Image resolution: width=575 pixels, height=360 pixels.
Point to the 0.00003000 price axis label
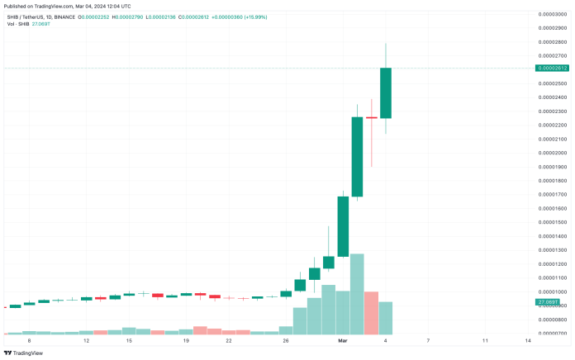click(552, 14)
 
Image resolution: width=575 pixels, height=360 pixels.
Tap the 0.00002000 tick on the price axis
click(552, 153)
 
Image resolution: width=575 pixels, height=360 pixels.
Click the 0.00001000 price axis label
click(552, 291)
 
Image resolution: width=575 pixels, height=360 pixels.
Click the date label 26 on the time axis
click(286, 340)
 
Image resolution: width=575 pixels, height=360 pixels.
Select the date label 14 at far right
click(527, 340)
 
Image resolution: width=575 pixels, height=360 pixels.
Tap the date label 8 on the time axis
click(29, 340)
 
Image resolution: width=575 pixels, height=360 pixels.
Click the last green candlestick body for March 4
click(386, 92)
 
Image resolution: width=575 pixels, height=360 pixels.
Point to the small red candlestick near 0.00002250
click(371, 118)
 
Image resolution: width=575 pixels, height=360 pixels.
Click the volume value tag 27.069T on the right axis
click(547, 302)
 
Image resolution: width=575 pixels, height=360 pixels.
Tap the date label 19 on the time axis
click(186, 340)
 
